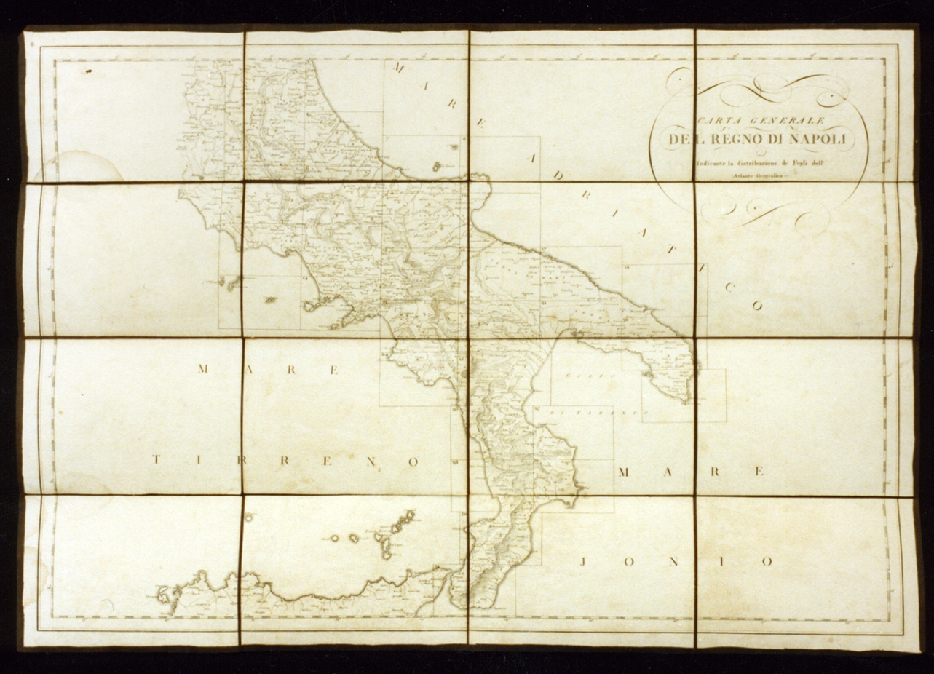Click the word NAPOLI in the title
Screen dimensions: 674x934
point(814,140)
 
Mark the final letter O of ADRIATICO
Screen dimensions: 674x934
point(756,306)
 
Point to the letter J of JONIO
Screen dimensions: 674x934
point(587,561)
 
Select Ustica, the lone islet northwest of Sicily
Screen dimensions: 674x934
point(249,518)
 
